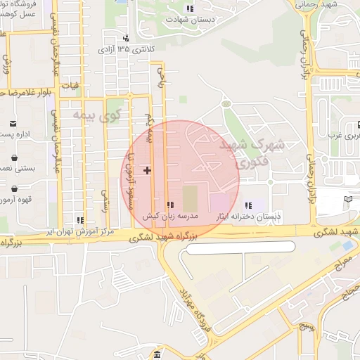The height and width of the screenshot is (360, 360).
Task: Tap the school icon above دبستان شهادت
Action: point(188,8)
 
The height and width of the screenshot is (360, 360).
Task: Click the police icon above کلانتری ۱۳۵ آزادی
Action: point(125,38)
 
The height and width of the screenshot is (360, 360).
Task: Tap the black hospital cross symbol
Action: point(147,170)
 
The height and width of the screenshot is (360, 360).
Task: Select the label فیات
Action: point(69,86)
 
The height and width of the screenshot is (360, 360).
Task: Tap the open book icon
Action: point(347,200)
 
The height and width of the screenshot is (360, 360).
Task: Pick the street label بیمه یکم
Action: point(149,127)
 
